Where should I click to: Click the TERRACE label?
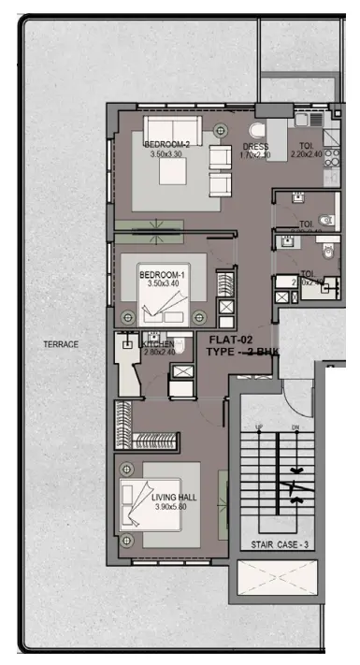click(61, 344)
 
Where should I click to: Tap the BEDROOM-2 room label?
click(167, 144)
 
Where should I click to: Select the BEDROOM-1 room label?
click(163, 275)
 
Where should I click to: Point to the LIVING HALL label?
click(174, 498)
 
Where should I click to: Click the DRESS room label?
click(255, 147)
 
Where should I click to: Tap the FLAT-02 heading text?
click(229, 340)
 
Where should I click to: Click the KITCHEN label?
click(157, 344)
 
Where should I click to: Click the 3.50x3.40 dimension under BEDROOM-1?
click(163, 284)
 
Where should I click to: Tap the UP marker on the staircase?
click(258, 427)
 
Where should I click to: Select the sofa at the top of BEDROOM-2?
click(171, 127)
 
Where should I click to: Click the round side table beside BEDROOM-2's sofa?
click(222, 130)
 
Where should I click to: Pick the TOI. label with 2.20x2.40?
click(306, 145)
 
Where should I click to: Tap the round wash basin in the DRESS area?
click(259, 132)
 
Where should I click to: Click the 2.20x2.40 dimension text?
click(306, 154)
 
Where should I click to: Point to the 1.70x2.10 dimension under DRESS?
click(255, 156)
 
